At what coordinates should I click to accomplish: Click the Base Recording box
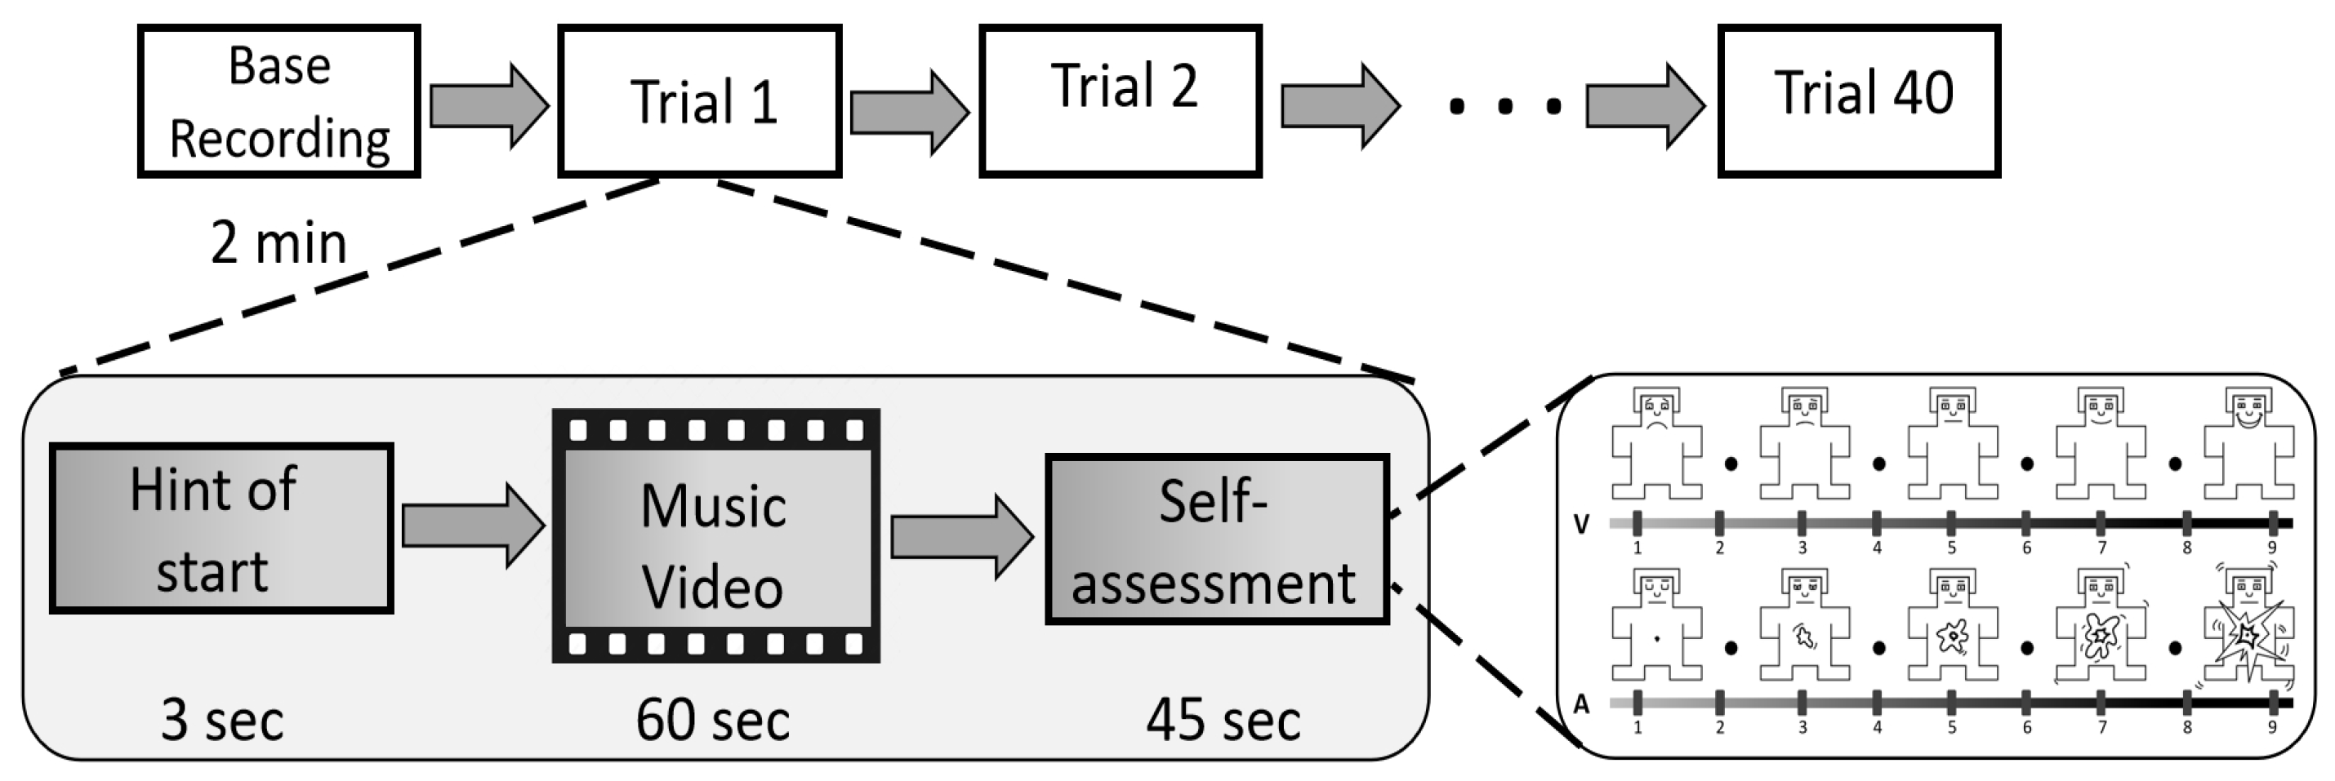click(x=279, y=101)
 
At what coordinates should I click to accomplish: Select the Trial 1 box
click(x=699, y=101)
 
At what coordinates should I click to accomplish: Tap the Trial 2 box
click(x=1121, y=101)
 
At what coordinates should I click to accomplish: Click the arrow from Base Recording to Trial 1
click(x=488, y=106)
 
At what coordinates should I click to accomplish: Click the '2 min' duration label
click(x=279, y=244)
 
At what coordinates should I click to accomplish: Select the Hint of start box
click(x=221, y=528)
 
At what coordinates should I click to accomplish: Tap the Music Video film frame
click(x=716, y=535)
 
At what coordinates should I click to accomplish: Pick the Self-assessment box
click(x=1216, y=540)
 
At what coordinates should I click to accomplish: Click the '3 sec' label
click(x=222, y=721)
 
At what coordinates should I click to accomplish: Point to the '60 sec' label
click(x=712, y=721)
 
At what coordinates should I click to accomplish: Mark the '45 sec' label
click(x=1223, y=721)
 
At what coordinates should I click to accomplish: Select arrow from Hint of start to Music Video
click(x=472, y=526)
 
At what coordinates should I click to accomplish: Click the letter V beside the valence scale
click(x=1581, y=525)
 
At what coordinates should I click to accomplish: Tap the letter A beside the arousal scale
click(x=1581, y=704)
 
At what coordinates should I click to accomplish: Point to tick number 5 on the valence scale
click(x=1950, y=524)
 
